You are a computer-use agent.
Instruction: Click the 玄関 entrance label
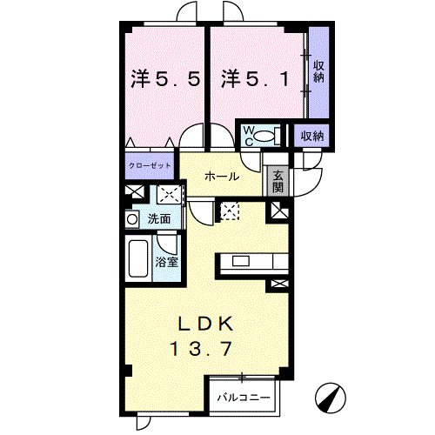tap(278, 180)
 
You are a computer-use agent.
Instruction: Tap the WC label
tap(247, 135)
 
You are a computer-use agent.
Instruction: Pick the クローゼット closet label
tap(149, 164)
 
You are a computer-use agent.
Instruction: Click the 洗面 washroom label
tap(158, 218)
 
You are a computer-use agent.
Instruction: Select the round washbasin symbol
tap(132, 218)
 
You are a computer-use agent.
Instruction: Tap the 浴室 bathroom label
tap(166, 258)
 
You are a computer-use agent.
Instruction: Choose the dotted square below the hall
tap(231, 209)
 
